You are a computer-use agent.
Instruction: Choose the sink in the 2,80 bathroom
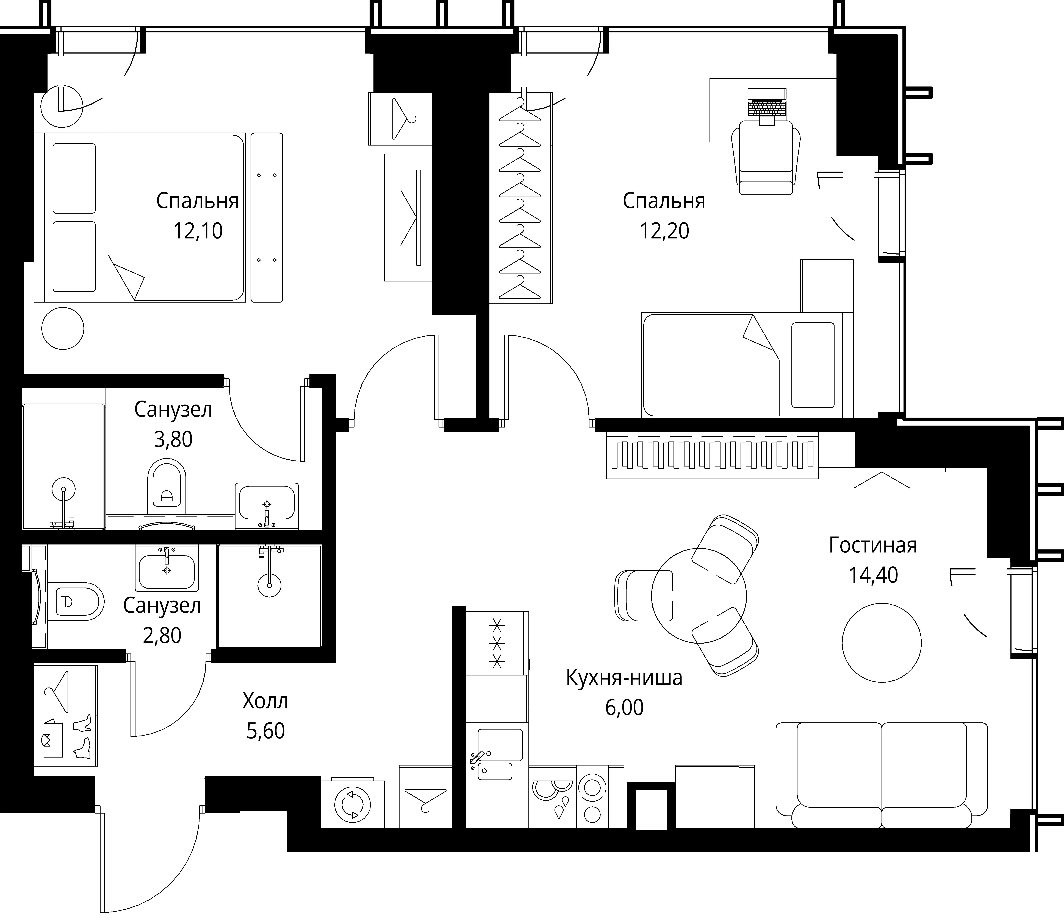tap(167, 568)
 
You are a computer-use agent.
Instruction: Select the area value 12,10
tap(198, 231)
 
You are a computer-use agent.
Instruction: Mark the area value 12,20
tap(664, 231)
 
